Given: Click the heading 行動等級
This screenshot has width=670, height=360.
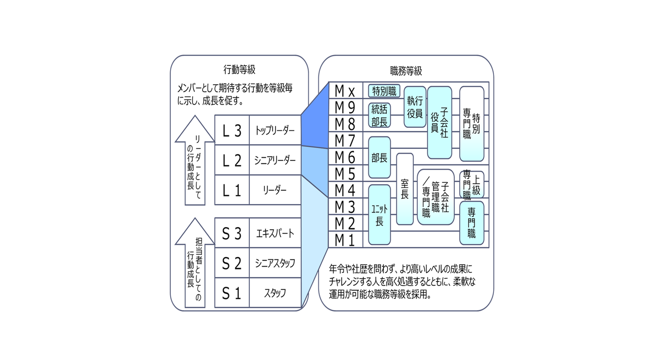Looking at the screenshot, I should [239, 70].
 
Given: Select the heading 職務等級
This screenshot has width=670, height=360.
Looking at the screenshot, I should [406, 71].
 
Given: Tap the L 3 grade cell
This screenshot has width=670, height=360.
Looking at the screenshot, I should [232, 131].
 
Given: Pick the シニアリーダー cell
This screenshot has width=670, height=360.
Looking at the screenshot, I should [275, 161].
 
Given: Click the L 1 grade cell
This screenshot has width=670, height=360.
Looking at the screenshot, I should [232, 190].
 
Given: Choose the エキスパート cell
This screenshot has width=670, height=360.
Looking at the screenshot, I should [275, 233].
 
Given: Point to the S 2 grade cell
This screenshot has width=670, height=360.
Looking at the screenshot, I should [232, 263].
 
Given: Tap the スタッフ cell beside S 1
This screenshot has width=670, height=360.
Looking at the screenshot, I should [275, 293].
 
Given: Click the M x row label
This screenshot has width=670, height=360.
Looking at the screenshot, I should [345, 91].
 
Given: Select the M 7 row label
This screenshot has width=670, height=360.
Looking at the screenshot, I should [345, 141].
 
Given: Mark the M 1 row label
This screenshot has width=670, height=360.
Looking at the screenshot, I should [345, 240].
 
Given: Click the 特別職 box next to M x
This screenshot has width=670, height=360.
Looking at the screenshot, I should [384, 91].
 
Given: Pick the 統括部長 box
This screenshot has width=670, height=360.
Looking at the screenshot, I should [380, 116].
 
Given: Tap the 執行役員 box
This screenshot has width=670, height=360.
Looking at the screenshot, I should [415, 107].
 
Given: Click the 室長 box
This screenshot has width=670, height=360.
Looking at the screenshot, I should [405, 189].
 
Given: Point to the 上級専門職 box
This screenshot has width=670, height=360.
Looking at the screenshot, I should [472, 185].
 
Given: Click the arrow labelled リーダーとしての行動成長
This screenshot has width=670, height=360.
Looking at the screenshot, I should [195, 162].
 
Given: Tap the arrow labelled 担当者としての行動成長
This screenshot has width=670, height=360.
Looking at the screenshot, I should [195, 264].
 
